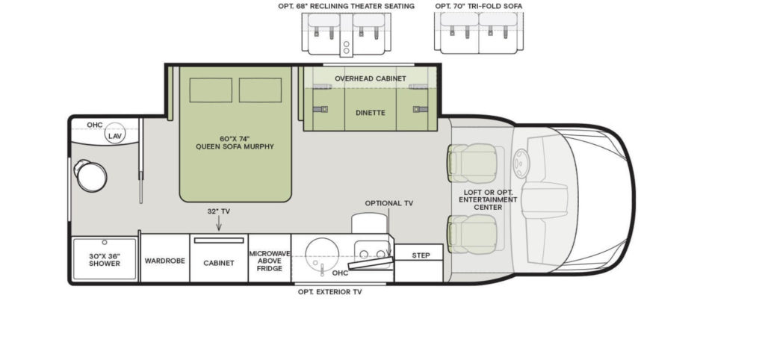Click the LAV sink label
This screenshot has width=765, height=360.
coord(114,137)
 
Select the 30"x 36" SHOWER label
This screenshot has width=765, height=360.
coord(105,259)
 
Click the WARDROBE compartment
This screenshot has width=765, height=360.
coord(164,262)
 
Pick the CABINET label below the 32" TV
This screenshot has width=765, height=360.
coord(219,263)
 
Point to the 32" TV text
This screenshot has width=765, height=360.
coord(218,211)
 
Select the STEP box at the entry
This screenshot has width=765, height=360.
coord(421,255)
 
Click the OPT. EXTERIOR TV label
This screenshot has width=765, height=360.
coord(329,292)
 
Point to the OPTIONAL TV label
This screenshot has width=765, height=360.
coord(388,203)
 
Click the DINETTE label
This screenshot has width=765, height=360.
coord(370,112)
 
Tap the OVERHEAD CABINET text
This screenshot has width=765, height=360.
coord(370,78)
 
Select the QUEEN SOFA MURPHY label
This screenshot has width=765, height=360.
coord(235,142)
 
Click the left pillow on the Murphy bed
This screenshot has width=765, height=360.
coord(211,90)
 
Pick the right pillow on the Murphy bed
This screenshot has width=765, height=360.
coord(260,90)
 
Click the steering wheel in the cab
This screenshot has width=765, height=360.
coord(521,163)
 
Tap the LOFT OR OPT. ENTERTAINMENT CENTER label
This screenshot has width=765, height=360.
coord(488,199)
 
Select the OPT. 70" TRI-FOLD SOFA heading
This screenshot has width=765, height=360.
coord(479,6)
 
